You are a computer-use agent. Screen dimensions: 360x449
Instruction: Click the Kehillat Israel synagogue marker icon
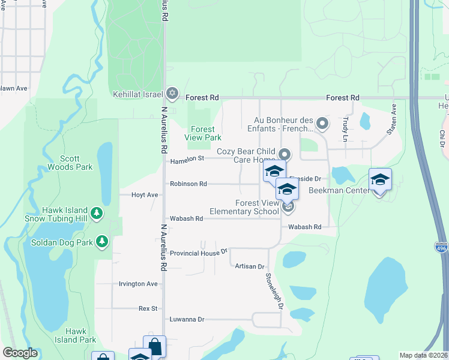tap(172, 93)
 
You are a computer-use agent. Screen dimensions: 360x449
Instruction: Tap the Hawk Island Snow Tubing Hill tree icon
tap(96, 213)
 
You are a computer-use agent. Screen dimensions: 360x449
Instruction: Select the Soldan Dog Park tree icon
tap(103, 241)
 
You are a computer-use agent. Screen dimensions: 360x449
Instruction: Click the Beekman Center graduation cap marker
tap(379, 180)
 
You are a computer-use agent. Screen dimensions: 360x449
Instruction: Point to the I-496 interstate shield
tap(441, 247)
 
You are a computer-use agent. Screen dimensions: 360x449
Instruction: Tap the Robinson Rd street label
tap(188, 184)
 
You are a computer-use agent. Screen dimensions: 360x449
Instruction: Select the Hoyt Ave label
tap(145, 195)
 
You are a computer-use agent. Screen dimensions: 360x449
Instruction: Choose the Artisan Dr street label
tap(250, 266)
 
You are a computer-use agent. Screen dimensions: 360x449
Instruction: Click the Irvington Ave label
tap(138, 284)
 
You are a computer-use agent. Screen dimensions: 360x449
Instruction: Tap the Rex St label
tap(148, 308)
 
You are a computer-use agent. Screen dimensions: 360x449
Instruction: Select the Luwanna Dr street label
tap(187, 319)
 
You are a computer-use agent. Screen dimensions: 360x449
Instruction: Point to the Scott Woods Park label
tap(76, 163)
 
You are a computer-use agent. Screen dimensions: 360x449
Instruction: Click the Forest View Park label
tap(203, 133)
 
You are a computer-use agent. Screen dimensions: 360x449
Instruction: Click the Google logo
tap(20, 353)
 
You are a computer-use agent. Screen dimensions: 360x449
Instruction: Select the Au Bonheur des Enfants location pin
tap(322, 124)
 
